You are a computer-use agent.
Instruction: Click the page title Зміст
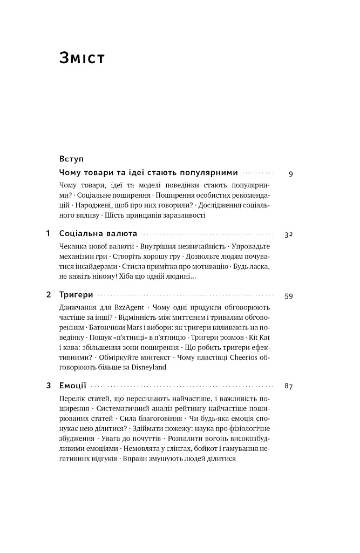pyautogui.click(x=82, y=58)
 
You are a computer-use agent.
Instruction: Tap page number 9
pyautogui.click(x=291, y=174)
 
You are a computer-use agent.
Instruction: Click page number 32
pyautogui.click(x=288, y=234)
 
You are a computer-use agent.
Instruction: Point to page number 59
pyautogui.click(x=288, y=296)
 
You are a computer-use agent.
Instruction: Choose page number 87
pyautogui.click(x=288, y=386)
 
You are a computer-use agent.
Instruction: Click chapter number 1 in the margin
pyautogui.click(x=48, y=234)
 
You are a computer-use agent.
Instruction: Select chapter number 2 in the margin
pyautogui.click(x=48, y=295)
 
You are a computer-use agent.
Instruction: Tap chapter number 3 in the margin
pyautogui.click(x=48, y=386)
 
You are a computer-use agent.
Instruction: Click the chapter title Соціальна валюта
pyautogui.click(x=98, y=234)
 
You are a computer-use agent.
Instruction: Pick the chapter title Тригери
pyautogui.click(x=76, y=295)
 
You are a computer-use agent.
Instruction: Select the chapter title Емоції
pyautogui.click(x=73, y=386)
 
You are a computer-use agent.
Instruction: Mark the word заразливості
pyautogui.click(x=180, y=215)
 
